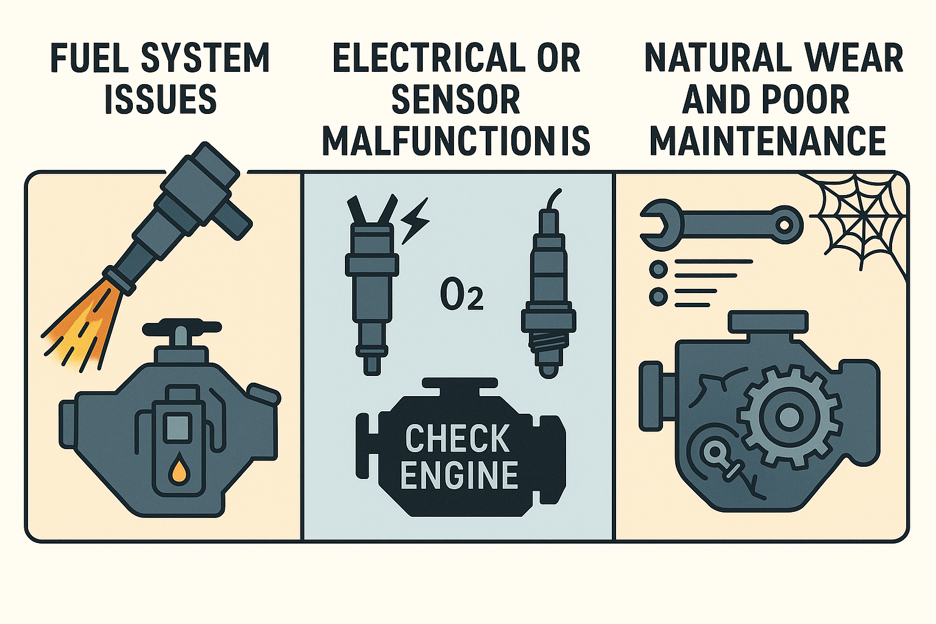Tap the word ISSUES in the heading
pyautogui.click(x=160, y=99)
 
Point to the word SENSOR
pyautogui.click(x=456, y=101)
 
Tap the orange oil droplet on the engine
pyautogui.click(x=180, y=467)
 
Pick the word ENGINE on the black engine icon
pyautogui.click(x=459, y=476)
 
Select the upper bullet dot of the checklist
pyautogui.click(x=659, y=269)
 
